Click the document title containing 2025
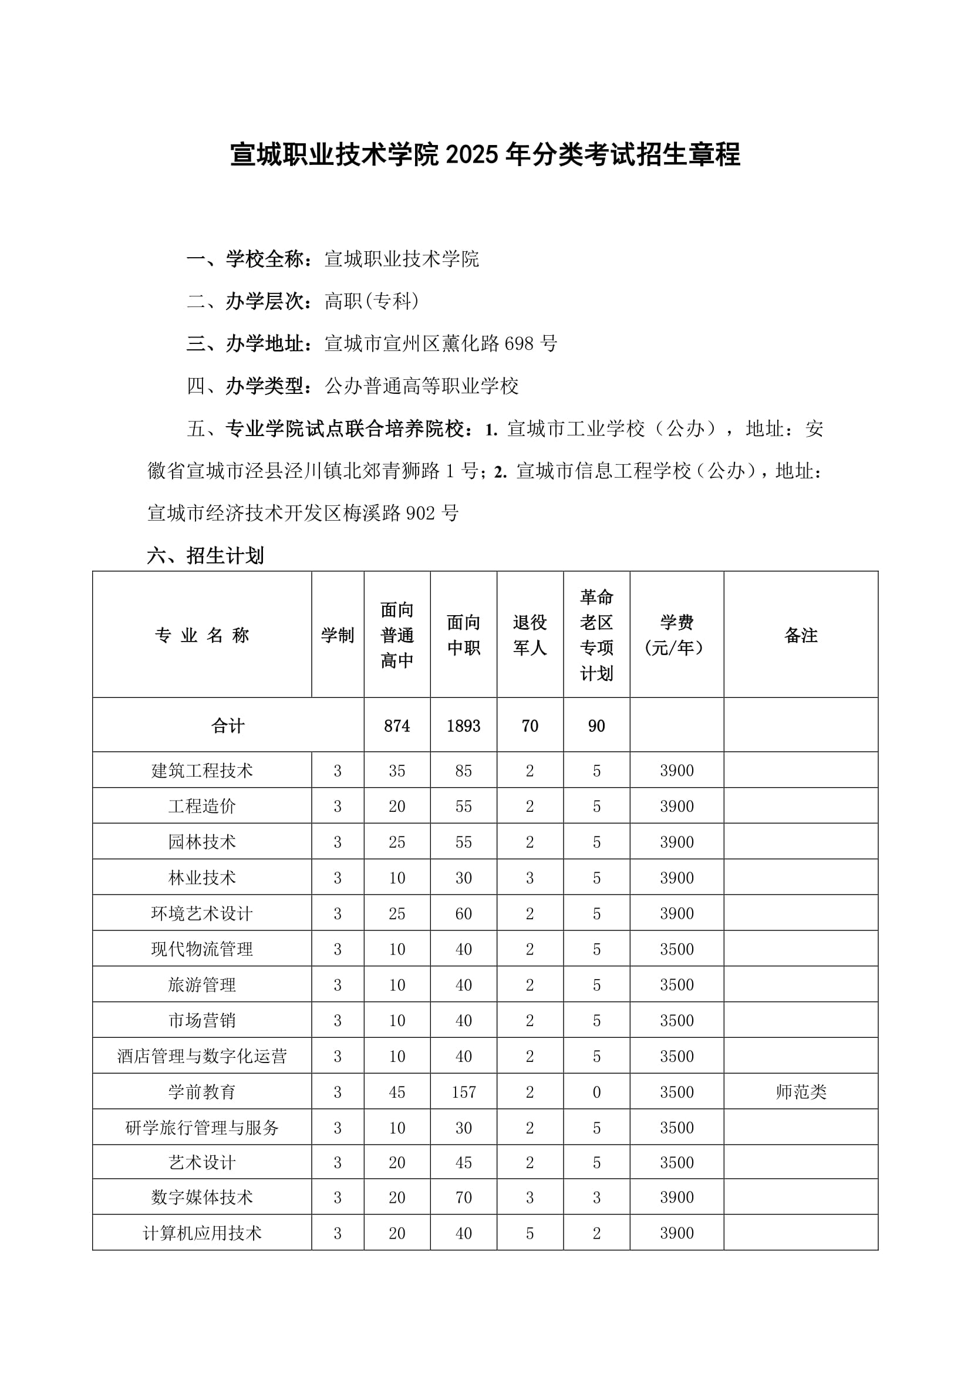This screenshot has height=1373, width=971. point(485,154)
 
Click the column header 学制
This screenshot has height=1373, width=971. point(337,635)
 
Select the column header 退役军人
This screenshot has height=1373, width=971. point(530,635)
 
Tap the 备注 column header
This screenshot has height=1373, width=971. point(801,635)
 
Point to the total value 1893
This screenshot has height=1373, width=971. point(463,726)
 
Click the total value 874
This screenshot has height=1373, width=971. point(397,726)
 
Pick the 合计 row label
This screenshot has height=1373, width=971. point(228,726)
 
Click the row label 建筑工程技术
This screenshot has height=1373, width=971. point(202,770)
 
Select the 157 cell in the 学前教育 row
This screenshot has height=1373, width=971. point(463,1092)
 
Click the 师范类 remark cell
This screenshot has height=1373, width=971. point(801,1092)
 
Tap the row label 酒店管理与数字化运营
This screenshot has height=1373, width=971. point(202,1056)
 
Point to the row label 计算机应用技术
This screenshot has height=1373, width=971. point(202,1233)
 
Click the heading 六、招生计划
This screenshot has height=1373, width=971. point(205,555)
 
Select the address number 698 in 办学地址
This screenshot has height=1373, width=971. point(518,343)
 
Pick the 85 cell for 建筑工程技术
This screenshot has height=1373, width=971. point(463,770)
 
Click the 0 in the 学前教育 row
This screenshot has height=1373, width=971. point(596,1092)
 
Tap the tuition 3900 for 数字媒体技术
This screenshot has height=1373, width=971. point(677,1197)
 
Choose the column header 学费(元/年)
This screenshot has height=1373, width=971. point(677,635)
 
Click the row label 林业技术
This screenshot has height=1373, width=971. point(202,878)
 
